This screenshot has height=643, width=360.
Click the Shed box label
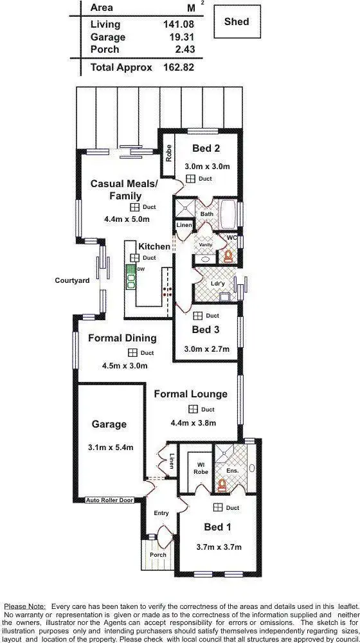[236, 22]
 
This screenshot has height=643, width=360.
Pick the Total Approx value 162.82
[179, 68]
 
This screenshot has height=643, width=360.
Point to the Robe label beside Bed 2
[168, 153]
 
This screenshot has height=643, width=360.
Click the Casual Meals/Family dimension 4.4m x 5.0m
[127, 219]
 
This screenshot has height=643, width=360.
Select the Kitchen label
[154, 246]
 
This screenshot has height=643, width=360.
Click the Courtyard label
[72, 280]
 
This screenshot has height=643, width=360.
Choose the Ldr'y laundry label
[217, 284]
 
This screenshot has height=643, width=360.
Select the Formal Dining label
[122, 338]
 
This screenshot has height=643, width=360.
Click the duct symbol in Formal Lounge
[192, 409]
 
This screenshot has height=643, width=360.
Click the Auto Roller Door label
[109, 500]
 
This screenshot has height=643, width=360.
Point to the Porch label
[157, 554]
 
